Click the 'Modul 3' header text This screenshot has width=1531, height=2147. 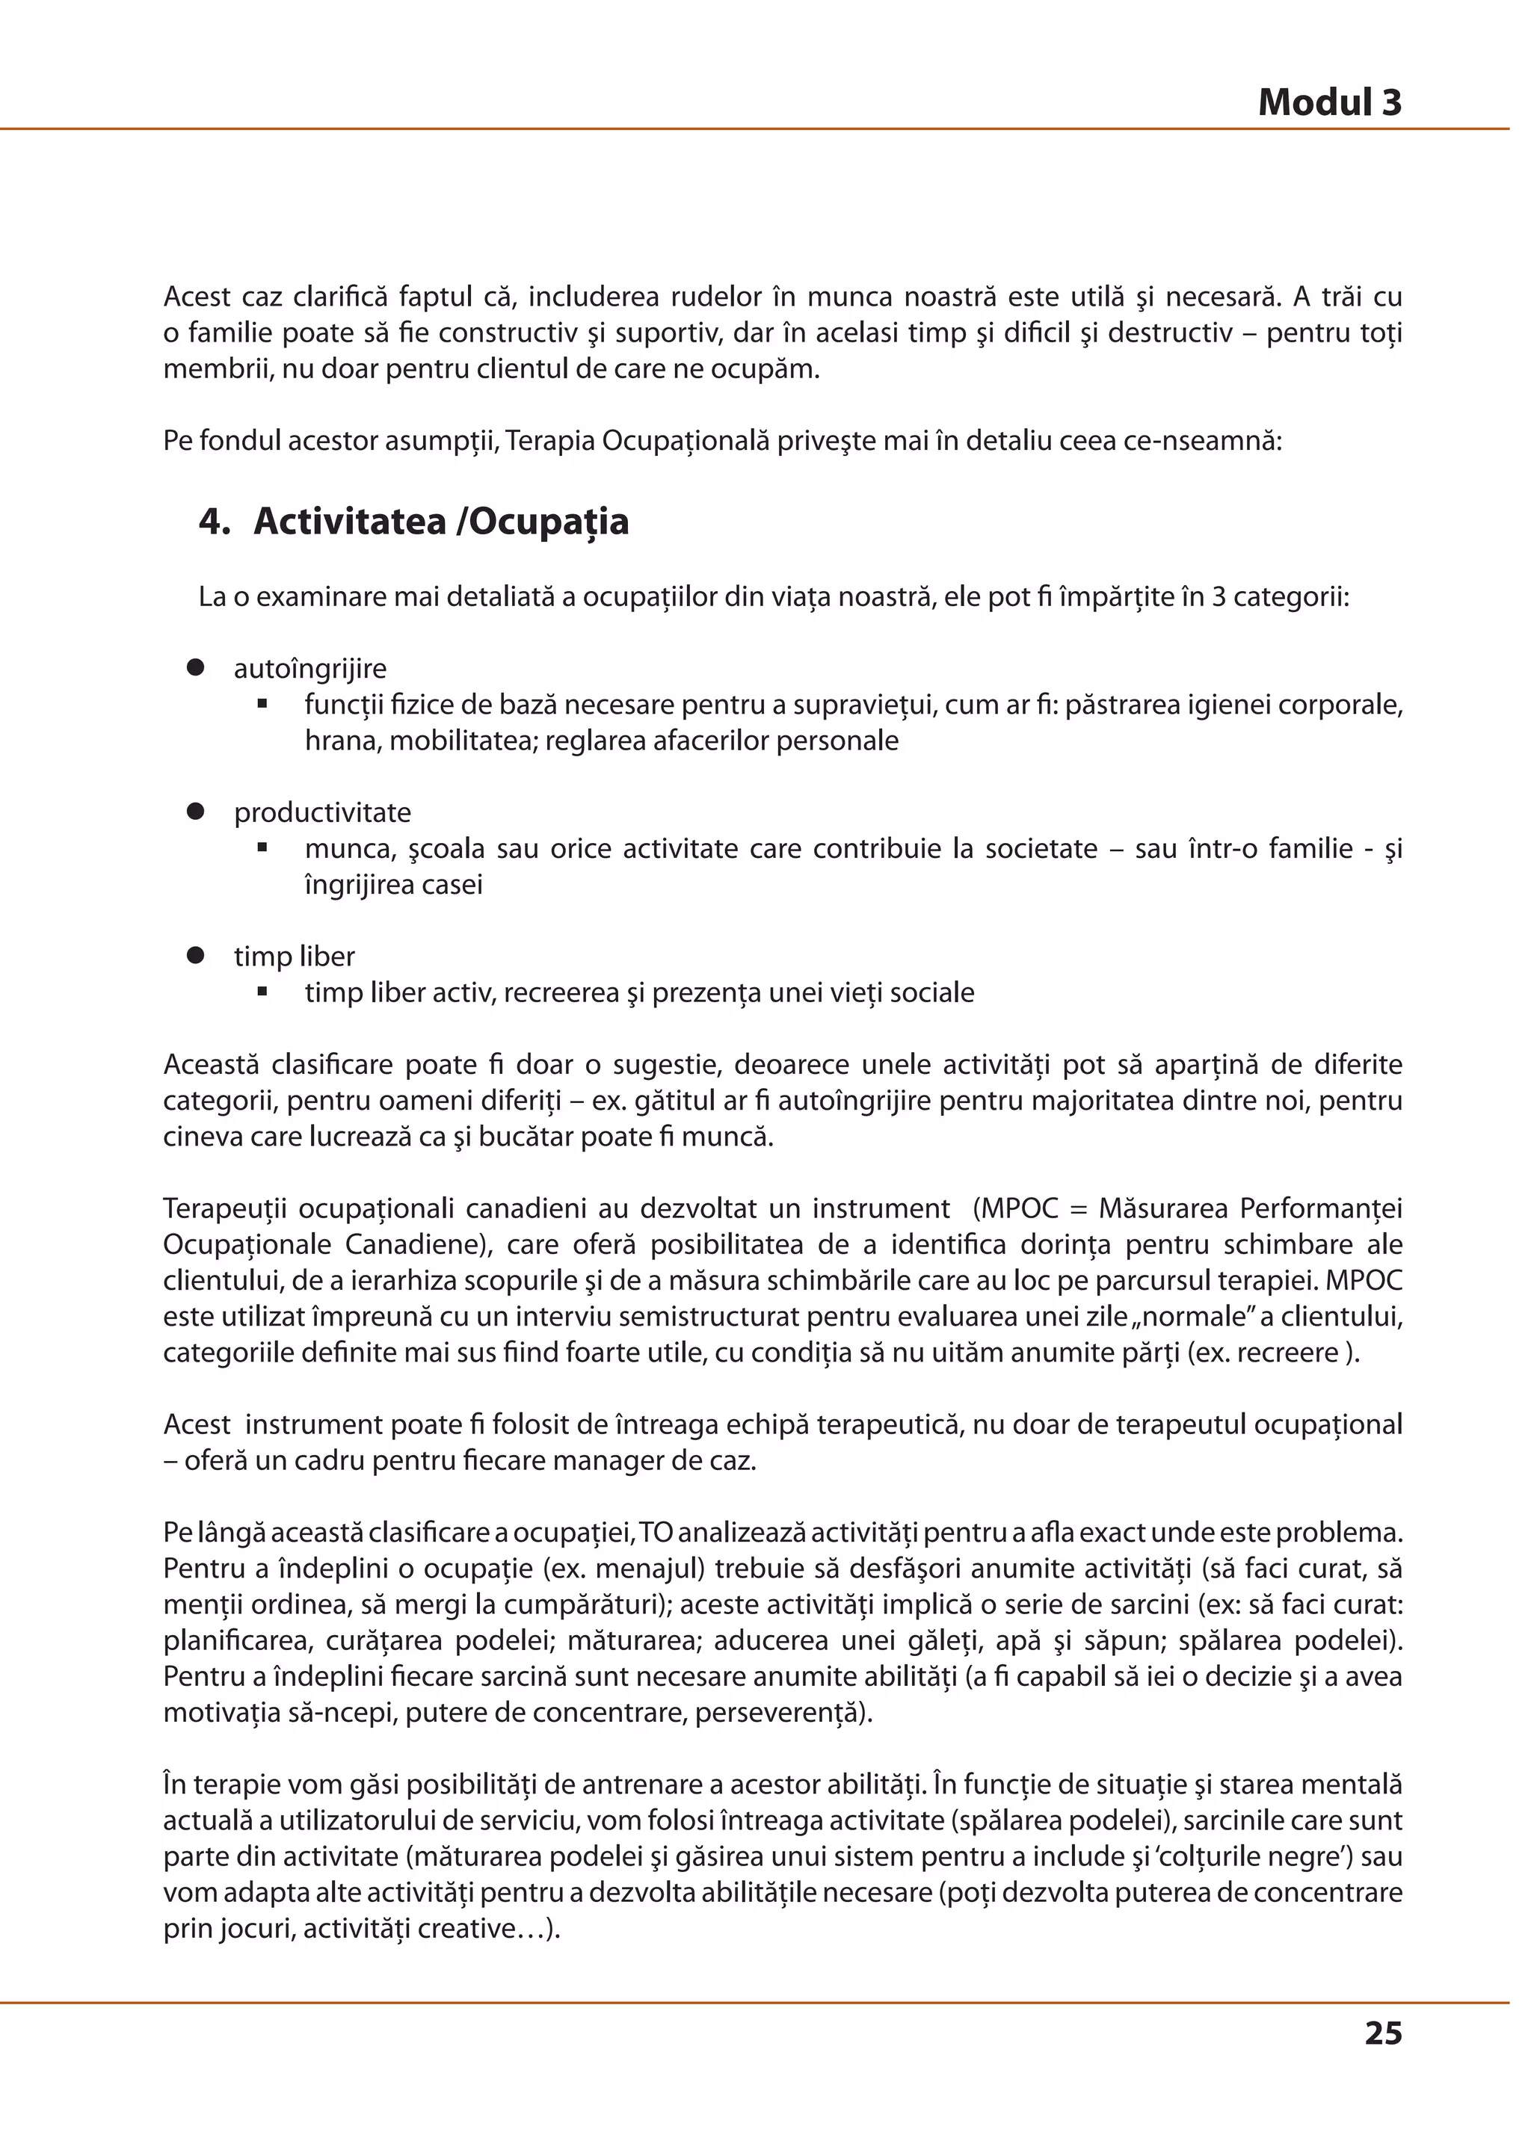pyautogui.click(x=1329, y=102)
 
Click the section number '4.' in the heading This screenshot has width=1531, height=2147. pyautogui.click(x=214, y=521)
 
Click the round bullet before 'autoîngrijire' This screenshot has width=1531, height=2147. pyautogui.click(x=196, y=667)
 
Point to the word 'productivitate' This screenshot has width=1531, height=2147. pyautogui.click(x=322, y=812)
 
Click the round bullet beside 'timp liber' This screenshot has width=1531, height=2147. pyautogui.click(x=196, y=956)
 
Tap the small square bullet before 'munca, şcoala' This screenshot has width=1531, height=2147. pyautogui.click(x=263, y=848)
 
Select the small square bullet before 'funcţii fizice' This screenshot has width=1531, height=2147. pyautogui.click(x=263, y=704)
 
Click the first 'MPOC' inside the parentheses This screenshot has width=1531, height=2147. pyautogui.click(x=1019, y=1208)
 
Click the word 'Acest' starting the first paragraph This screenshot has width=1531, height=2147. pyautogui.click(x=197, y=297)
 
